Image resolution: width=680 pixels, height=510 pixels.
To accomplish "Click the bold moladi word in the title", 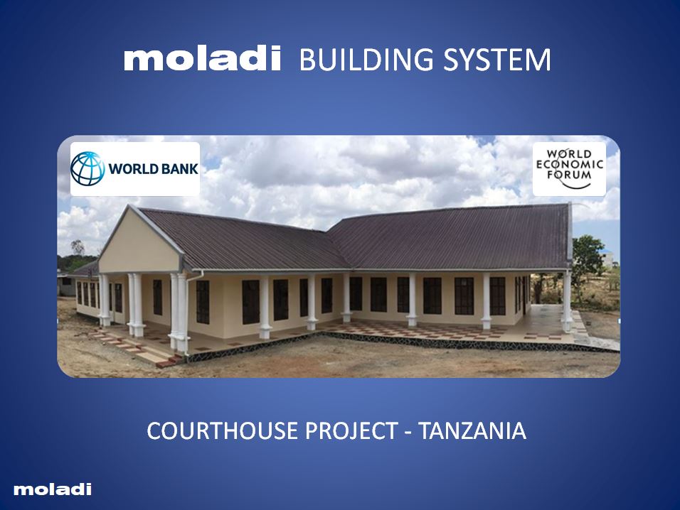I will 203,60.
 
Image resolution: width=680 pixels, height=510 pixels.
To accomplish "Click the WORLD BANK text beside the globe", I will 152,170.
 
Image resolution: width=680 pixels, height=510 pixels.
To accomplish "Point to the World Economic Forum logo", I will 569,169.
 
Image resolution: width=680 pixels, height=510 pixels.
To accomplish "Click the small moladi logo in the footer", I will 53,489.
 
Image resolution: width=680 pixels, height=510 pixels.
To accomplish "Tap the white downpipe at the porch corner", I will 188,313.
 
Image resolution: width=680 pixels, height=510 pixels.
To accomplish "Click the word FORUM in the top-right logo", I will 569,177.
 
